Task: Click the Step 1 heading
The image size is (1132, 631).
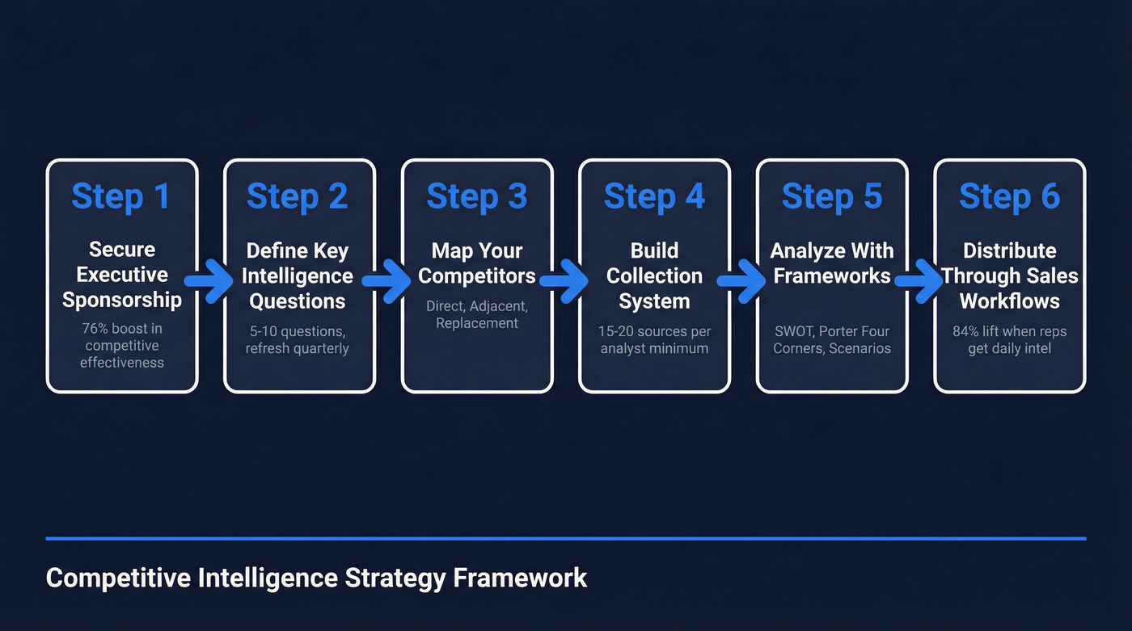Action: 121,196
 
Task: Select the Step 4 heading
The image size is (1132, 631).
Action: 654,196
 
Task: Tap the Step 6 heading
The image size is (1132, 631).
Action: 1009,196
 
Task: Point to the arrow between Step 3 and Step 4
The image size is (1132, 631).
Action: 565,280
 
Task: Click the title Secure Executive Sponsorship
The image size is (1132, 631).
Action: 121,275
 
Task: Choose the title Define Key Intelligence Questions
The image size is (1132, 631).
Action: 298,276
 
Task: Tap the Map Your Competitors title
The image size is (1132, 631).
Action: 476,263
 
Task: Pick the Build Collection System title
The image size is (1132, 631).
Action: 654,276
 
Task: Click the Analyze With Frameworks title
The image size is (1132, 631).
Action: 831,263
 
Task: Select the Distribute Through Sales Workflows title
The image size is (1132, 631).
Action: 1009,276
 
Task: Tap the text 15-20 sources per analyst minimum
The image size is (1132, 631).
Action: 654,340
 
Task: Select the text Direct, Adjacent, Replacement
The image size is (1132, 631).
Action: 476,314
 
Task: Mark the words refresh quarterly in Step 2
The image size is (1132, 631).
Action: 298,349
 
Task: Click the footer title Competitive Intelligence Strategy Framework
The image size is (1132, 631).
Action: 316,578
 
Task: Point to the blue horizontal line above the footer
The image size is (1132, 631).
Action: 565,538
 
